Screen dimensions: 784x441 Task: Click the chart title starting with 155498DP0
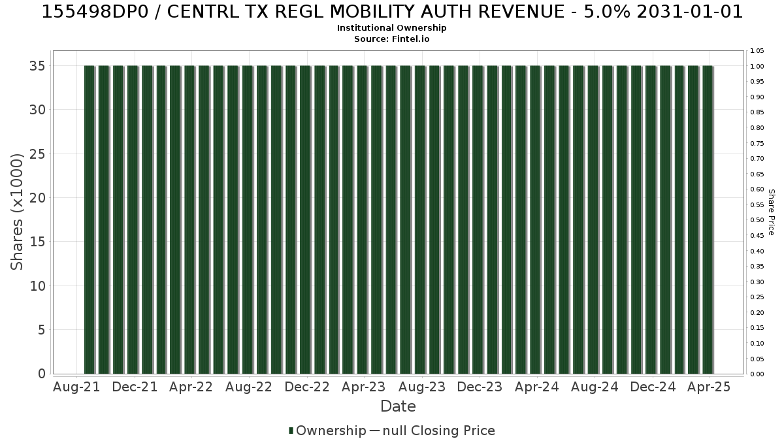392,12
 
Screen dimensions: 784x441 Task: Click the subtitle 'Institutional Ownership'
391,28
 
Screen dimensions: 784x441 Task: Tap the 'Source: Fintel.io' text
391,39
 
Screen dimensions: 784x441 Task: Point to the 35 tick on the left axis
37,66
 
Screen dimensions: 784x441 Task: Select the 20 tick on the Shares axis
37,198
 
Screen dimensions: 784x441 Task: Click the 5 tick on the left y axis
42,330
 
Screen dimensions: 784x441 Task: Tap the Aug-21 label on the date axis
76,387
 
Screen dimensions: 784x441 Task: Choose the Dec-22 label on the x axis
307,387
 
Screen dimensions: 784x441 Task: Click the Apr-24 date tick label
537,387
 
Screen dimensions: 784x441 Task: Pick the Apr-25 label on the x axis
709,387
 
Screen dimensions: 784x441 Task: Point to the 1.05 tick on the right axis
757,51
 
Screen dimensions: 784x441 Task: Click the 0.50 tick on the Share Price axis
757,220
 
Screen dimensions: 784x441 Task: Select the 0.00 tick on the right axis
757,374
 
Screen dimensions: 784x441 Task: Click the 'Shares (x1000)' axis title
16,212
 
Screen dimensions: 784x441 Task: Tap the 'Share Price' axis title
772,212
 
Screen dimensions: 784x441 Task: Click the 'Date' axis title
398,406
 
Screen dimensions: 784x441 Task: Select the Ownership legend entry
327,431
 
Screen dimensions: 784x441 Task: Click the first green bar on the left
90,220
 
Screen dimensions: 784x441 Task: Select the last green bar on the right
708,220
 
